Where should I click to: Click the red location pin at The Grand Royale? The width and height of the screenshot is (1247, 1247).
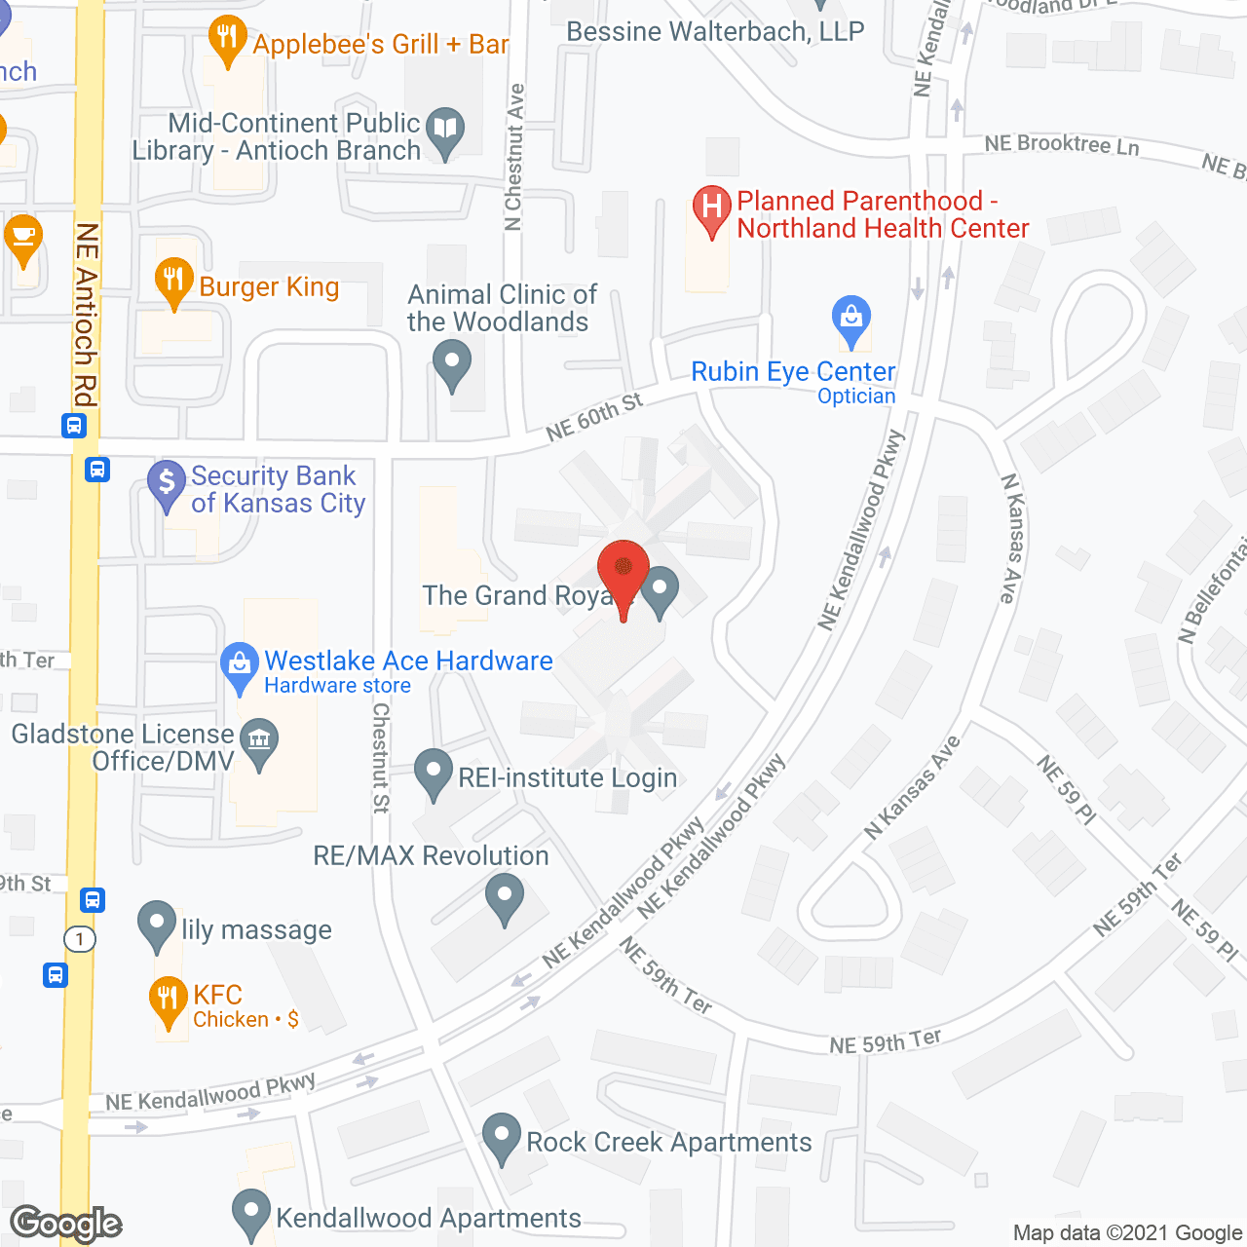tap(623, 569)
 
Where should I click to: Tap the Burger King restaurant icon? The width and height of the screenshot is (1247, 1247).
tap(173, 281)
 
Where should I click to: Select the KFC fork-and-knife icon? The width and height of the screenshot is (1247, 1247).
tap(168, 998)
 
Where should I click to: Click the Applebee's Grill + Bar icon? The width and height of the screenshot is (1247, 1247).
tap(227, 39)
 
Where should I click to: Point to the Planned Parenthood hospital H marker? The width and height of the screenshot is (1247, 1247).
tap(712, 208)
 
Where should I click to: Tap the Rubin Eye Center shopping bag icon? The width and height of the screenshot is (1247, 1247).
tap(851, 318)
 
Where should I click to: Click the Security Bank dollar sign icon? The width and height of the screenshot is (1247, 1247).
tap(167, 481)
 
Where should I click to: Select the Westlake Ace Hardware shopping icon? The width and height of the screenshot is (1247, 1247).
tap(239, 664)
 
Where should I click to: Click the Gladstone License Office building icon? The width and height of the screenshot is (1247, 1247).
tap(259, 740)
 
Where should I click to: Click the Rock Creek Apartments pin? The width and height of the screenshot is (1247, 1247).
tap(502, 1136)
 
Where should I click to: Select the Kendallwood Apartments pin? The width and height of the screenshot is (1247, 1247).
tap(251, 1212)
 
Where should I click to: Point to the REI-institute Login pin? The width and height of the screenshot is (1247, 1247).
tap(434, 772)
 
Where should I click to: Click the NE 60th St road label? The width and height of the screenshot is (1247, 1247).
tap(594, 417)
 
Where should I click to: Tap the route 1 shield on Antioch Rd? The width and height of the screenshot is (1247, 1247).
tap(80, 939)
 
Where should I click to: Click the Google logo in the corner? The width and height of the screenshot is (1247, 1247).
tap(66, 1224)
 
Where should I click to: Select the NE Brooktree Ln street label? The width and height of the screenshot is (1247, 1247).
tap(1062, 144)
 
